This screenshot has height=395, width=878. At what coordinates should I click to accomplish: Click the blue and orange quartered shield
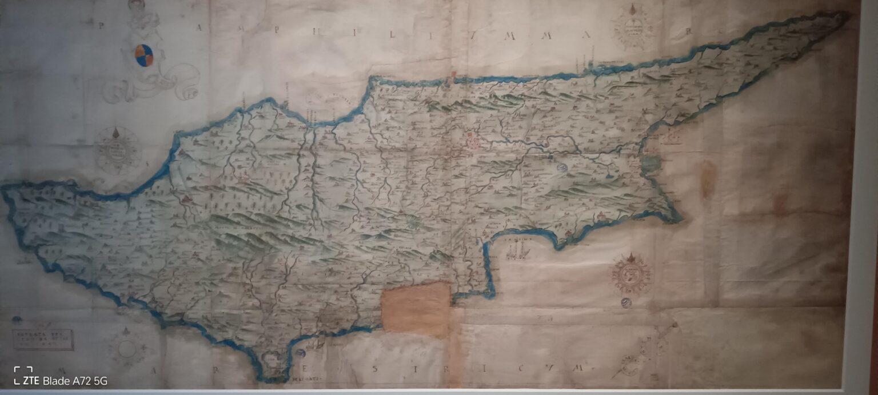pyautogui.click(x=144, y=55)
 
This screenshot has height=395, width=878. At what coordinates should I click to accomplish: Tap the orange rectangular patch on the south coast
pyautogui.click(x=416, y=308)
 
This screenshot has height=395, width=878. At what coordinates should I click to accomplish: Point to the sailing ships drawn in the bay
pyautogui.click(x=517, y=250)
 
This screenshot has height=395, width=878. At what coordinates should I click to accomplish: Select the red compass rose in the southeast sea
pyautogui.click(x=632, y=274)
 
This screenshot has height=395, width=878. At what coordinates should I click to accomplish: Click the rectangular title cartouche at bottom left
pyautogui.click(x=43, y=340)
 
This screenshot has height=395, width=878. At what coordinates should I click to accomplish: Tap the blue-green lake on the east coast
pyautogui.click(x=649, y=165)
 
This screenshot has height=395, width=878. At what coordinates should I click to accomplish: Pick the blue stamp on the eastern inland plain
pyautogui.click(x=561, y=167)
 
